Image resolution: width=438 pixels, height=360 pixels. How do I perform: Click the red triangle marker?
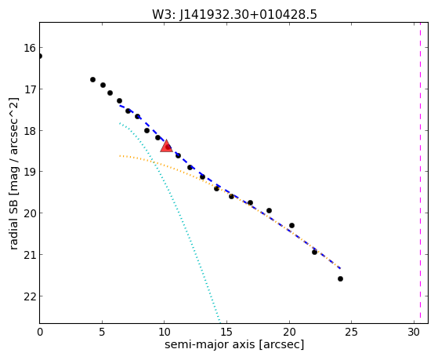coord(166,147)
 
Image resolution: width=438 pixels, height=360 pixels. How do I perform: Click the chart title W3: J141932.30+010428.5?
coord(234,14)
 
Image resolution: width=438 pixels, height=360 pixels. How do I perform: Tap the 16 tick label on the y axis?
coord(30,48)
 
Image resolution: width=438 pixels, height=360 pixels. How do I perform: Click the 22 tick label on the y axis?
coord(30,296)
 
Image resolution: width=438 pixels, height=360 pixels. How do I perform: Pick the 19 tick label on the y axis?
coord(30,172)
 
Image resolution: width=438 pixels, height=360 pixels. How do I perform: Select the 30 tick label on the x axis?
coord(414,332)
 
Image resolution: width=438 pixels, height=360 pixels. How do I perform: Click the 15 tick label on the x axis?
coord(226,332)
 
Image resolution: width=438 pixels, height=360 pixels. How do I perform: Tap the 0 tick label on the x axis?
coord(40,332)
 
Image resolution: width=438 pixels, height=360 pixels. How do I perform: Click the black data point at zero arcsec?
coord(40,56)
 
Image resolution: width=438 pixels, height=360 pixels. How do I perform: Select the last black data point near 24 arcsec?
coord(340,278)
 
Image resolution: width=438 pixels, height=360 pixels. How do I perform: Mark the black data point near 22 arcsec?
coord(314,252)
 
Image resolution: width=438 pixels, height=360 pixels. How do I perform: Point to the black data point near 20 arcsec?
coord(291,225)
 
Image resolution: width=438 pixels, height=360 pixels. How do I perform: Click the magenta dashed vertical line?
coord(420,173)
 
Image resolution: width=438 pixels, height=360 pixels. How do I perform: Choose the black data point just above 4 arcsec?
coord(92,79)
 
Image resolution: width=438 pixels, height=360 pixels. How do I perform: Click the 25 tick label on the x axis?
coord(351,332)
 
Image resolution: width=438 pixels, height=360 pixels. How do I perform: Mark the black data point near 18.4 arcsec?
coord(269,210)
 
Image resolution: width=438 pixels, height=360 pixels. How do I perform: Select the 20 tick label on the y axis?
coord(30,213)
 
